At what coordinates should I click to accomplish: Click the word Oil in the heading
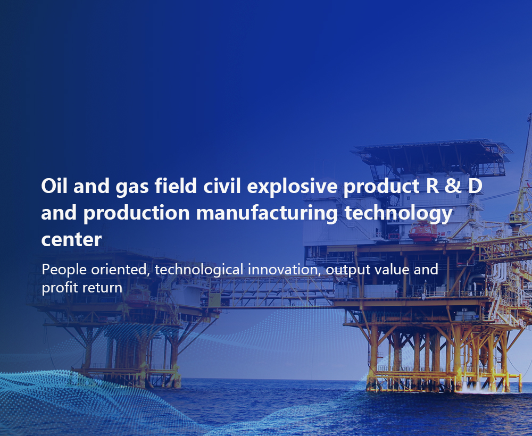click(x=54, y=186)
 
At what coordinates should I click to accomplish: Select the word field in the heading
click(x=176, y=186)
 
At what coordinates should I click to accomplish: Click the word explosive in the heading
click(x=292, y=187)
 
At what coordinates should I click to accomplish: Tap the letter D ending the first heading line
click(x=475, y=186)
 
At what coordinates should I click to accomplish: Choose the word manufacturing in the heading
click(x=267, y=213)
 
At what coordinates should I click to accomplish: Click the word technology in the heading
click(x=398, y=213)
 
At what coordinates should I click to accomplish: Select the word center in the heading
click(x=71, y=240)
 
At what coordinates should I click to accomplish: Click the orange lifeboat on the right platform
click(x=423, y=232)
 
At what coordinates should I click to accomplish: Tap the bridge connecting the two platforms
click(x=276, y=292)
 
